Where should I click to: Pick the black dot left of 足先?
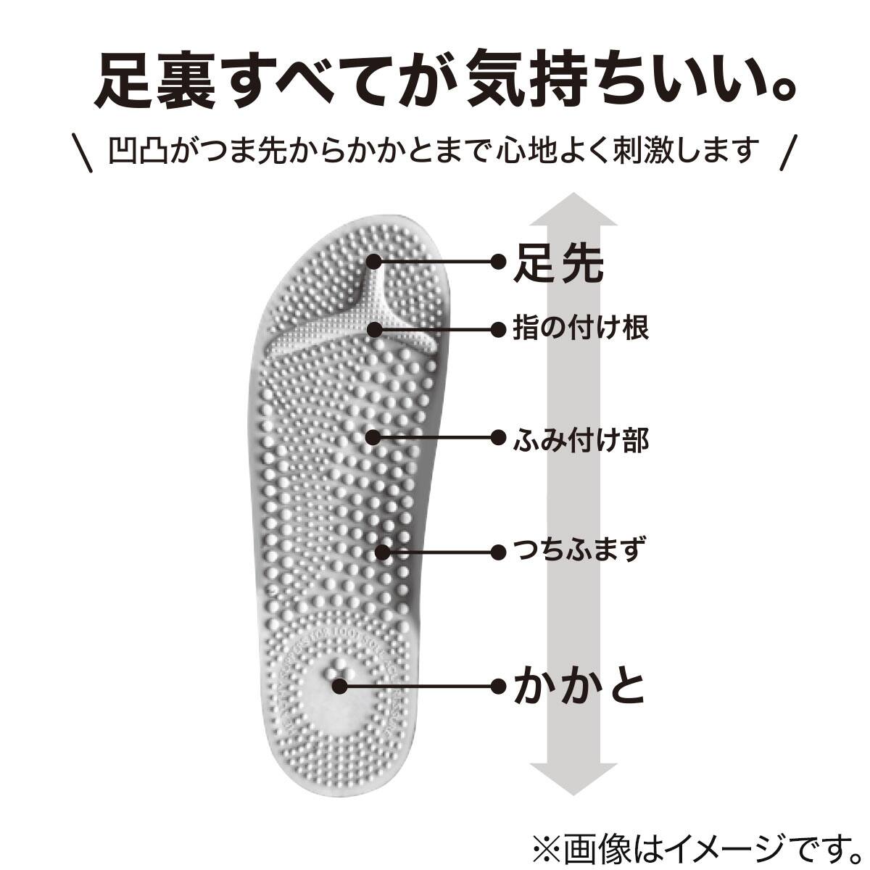(x=498, y=261)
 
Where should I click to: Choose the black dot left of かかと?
(x=498, y=685)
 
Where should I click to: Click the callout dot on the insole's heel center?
(x=338, y=684)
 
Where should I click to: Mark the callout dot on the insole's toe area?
(x=374, y=261)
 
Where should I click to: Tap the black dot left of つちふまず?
(x=498, y=552)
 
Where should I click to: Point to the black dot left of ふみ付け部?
(x=498, y=438)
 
